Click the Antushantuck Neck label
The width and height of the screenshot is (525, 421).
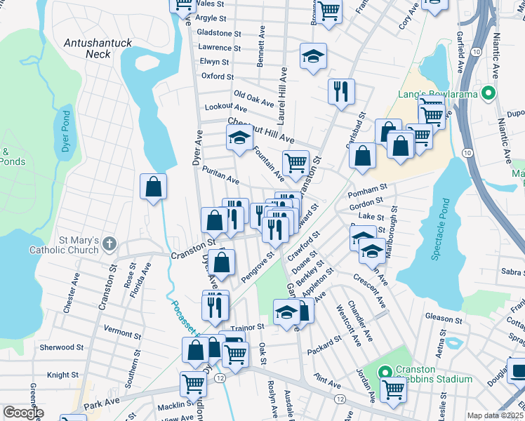98,48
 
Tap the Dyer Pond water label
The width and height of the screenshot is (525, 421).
66,138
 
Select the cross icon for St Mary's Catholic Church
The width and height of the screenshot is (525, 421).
107,243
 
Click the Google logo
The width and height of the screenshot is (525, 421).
23,413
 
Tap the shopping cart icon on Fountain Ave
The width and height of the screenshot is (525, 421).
295,163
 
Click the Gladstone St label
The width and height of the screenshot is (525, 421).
219,33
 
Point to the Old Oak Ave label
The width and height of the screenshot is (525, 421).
253,98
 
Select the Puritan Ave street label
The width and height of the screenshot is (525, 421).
220,175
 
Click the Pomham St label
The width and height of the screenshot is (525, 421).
372,189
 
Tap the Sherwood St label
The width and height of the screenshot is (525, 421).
61,347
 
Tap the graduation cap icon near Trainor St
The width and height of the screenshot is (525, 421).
286,312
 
